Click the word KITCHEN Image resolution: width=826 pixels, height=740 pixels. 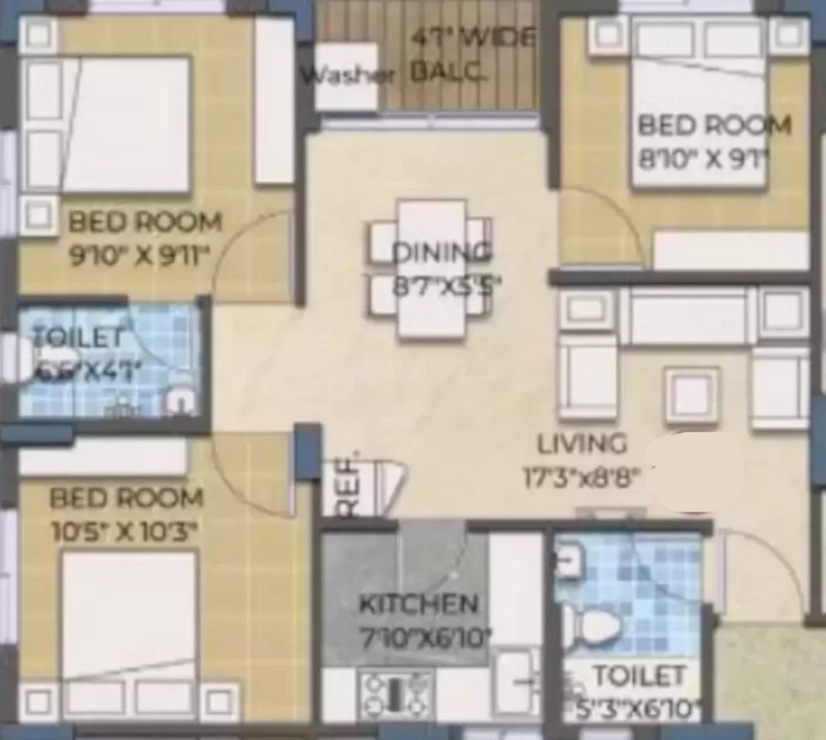click(417, 604)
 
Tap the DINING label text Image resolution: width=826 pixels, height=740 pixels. click(441, 252)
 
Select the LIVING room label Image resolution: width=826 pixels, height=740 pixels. click(581, 444)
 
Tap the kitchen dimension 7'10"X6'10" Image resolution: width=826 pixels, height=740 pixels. click(425, 636)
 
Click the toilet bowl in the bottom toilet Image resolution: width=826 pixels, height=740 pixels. click(600, 628)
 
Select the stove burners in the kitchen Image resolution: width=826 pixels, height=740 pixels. click(394, 690)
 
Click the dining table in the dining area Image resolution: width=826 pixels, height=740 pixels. click(432, 270)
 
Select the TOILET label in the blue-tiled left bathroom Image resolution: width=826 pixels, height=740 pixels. click(77, 337)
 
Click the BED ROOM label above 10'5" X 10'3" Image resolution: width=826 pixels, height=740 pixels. click(126, 498)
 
